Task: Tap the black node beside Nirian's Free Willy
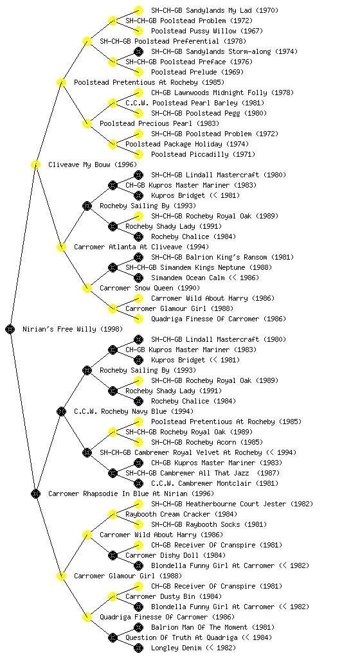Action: (10, 329)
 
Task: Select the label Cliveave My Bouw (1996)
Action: (93, 164)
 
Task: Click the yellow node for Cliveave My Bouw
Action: (35, 164)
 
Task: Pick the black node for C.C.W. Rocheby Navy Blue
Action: (61, 411)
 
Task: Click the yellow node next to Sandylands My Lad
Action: (138, 10)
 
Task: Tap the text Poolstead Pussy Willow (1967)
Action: (207, 31)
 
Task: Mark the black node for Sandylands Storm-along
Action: (138, 51)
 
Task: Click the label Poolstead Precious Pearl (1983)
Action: (159, 123)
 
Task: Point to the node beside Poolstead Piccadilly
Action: (138, 154)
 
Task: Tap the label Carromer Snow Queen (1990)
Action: (150, 288)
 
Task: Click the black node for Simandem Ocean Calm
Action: (138, 278)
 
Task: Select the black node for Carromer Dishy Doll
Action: (113, 555)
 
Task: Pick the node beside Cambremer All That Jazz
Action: (113, 473)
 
